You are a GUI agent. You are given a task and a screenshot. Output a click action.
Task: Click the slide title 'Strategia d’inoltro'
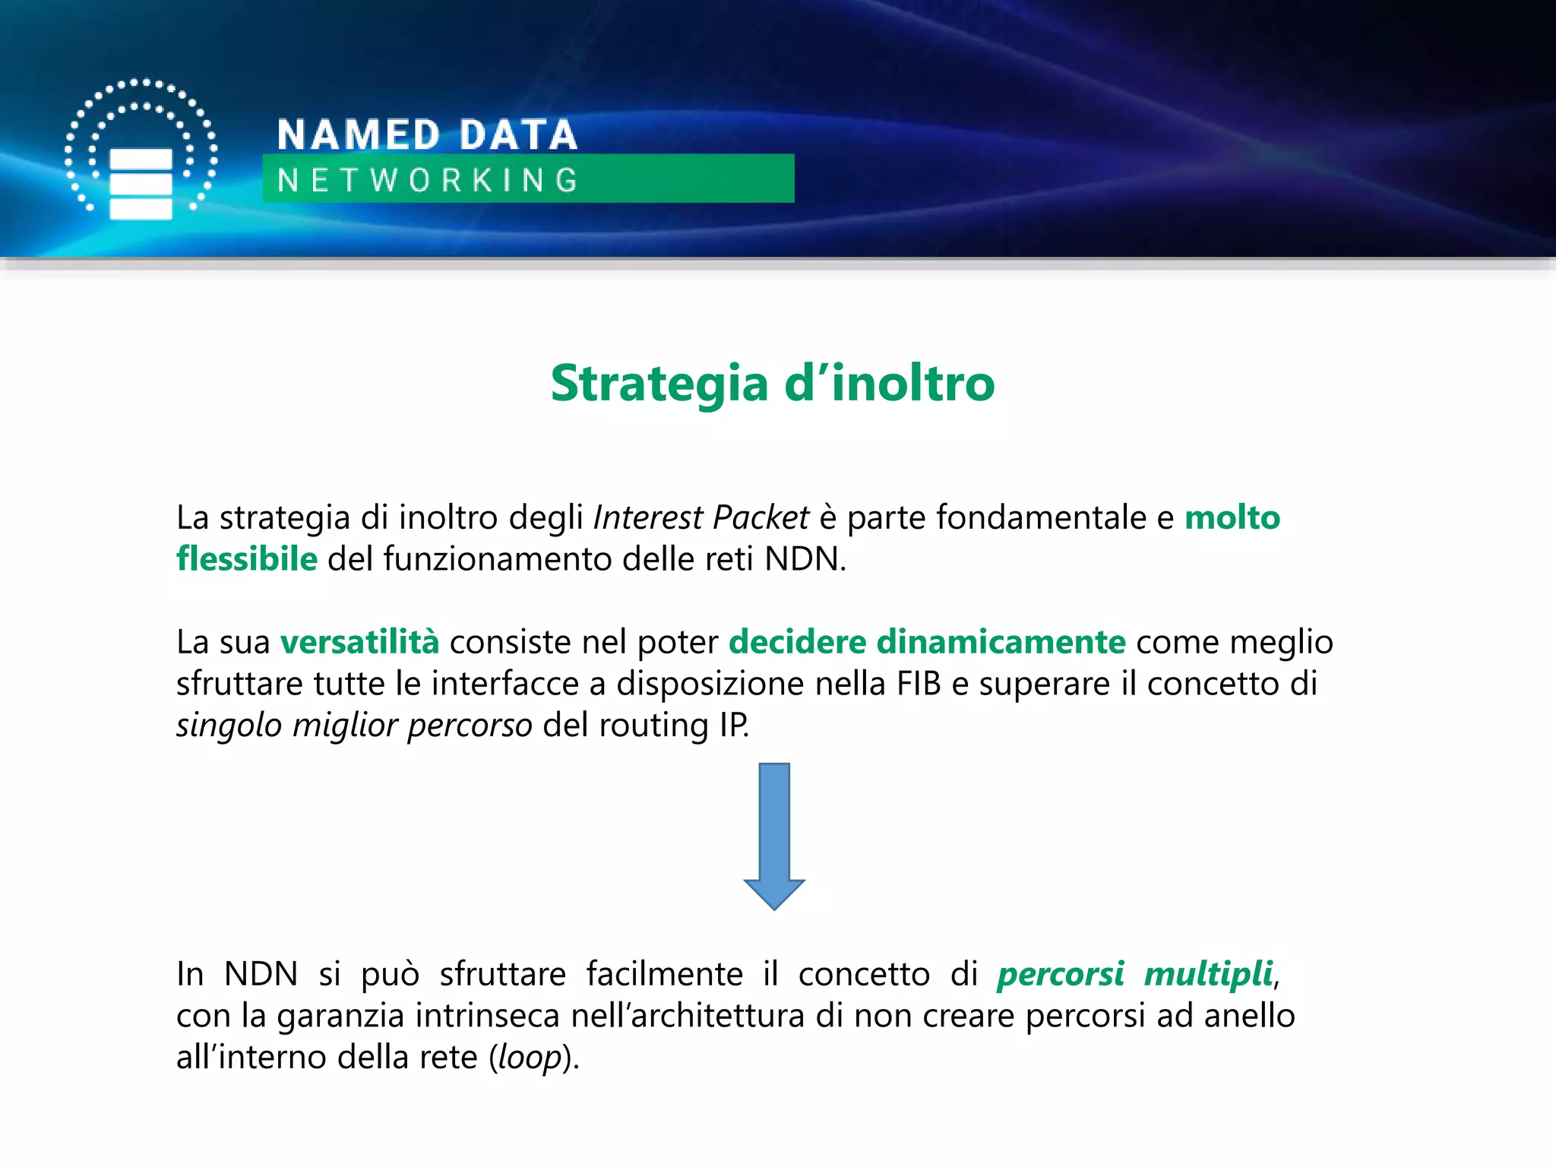772,383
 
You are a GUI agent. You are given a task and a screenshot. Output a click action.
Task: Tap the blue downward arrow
774,836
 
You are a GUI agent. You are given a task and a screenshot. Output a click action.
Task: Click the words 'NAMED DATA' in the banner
427,135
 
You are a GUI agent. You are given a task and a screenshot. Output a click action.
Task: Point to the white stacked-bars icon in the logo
141,184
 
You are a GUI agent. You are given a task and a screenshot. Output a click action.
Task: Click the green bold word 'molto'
1232,517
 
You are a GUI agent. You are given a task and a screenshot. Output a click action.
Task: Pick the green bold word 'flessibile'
247,559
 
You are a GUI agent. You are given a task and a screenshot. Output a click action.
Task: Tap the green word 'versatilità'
359,642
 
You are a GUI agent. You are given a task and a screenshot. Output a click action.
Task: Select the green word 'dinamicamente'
1001,642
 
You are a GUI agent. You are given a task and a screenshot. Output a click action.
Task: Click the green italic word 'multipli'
1208,974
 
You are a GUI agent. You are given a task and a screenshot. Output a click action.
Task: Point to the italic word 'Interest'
648,517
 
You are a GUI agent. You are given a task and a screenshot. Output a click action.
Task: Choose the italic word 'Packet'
761,517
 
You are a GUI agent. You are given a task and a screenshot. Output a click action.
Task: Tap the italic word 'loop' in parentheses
530,1058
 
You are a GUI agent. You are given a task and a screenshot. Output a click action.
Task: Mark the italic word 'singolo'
229,726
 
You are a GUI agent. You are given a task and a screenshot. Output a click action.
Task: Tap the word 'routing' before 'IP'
653,726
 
